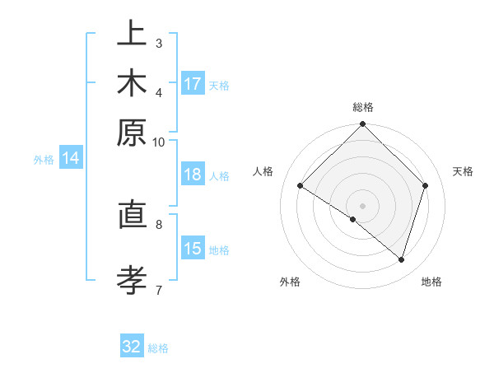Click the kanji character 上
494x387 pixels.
(x=132, y=35)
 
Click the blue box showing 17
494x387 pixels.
(x=193, y=84)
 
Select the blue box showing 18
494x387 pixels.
(x=193, y=175)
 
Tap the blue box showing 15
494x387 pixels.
(x=193, y=249)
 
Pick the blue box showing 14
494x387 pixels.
(x=71, y=159)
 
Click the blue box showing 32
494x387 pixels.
(x=132, y=347)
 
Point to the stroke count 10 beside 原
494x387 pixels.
(x=159, y=142)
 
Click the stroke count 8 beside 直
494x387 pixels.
(x=159, y=222)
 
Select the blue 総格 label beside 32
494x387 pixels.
(x=158, y=348)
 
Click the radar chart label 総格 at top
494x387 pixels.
(x=363, y=108)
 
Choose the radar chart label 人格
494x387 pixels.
(x=263, y=171)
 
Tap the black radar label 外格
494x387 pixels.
(x=290, y=282)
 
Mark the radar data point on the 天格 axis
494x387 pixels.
(x=426, y=185)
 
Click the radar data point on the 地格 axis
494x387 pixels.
(x=402, y=260)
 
